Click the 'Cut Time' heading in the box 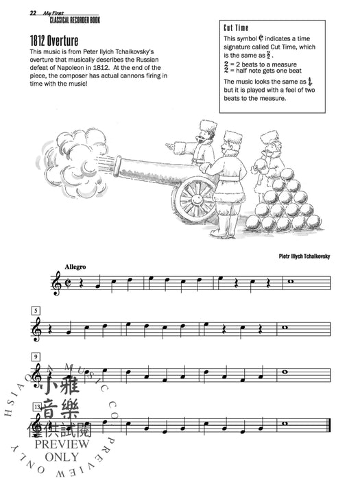tap(239, 28)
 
